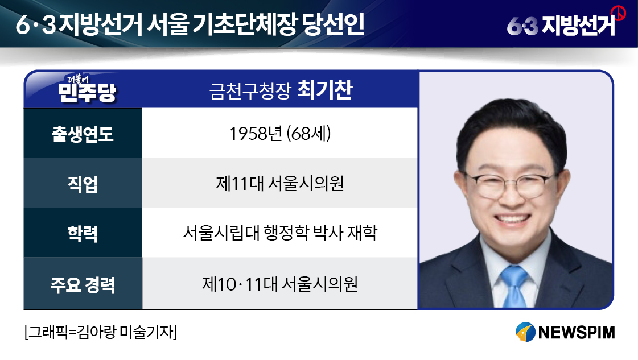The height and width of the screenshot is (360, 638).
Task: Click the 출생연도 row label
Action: (83, 134)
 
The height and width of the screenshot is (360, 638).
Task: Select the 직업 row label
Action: (83, 184)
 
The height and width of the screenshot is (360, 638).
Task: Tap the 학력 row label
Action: (83, 234)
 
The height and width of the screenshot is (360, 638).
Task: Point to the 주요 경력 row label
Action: (83, 284)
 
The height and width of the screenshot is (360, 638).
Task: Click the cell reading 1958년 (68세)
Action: (280, 134)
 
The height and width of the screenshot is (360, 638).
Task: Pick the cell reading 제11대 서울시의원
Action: (280, 184)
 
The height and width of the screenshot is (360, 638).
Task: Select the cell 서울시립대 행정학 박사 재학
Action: (280, 233)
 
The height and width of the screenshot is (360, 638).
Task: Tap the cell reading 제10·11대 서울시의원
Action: (280, 284)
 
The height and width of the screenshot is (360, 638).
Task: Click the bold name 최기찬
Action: (325, 90)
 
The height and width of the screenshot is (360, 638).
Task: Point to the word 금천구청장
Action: (250, 91)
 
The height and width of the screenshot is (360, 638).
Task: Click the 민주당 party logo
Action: (87, 89)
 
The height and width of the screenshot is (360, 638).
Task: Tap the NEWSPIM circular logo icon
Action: (525, 332)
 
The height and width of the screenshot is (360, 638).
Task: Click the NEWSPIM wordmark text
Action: (577, 332)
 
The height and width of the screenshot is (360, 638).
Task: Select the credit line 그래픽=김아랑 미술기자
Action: (101, 332)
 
